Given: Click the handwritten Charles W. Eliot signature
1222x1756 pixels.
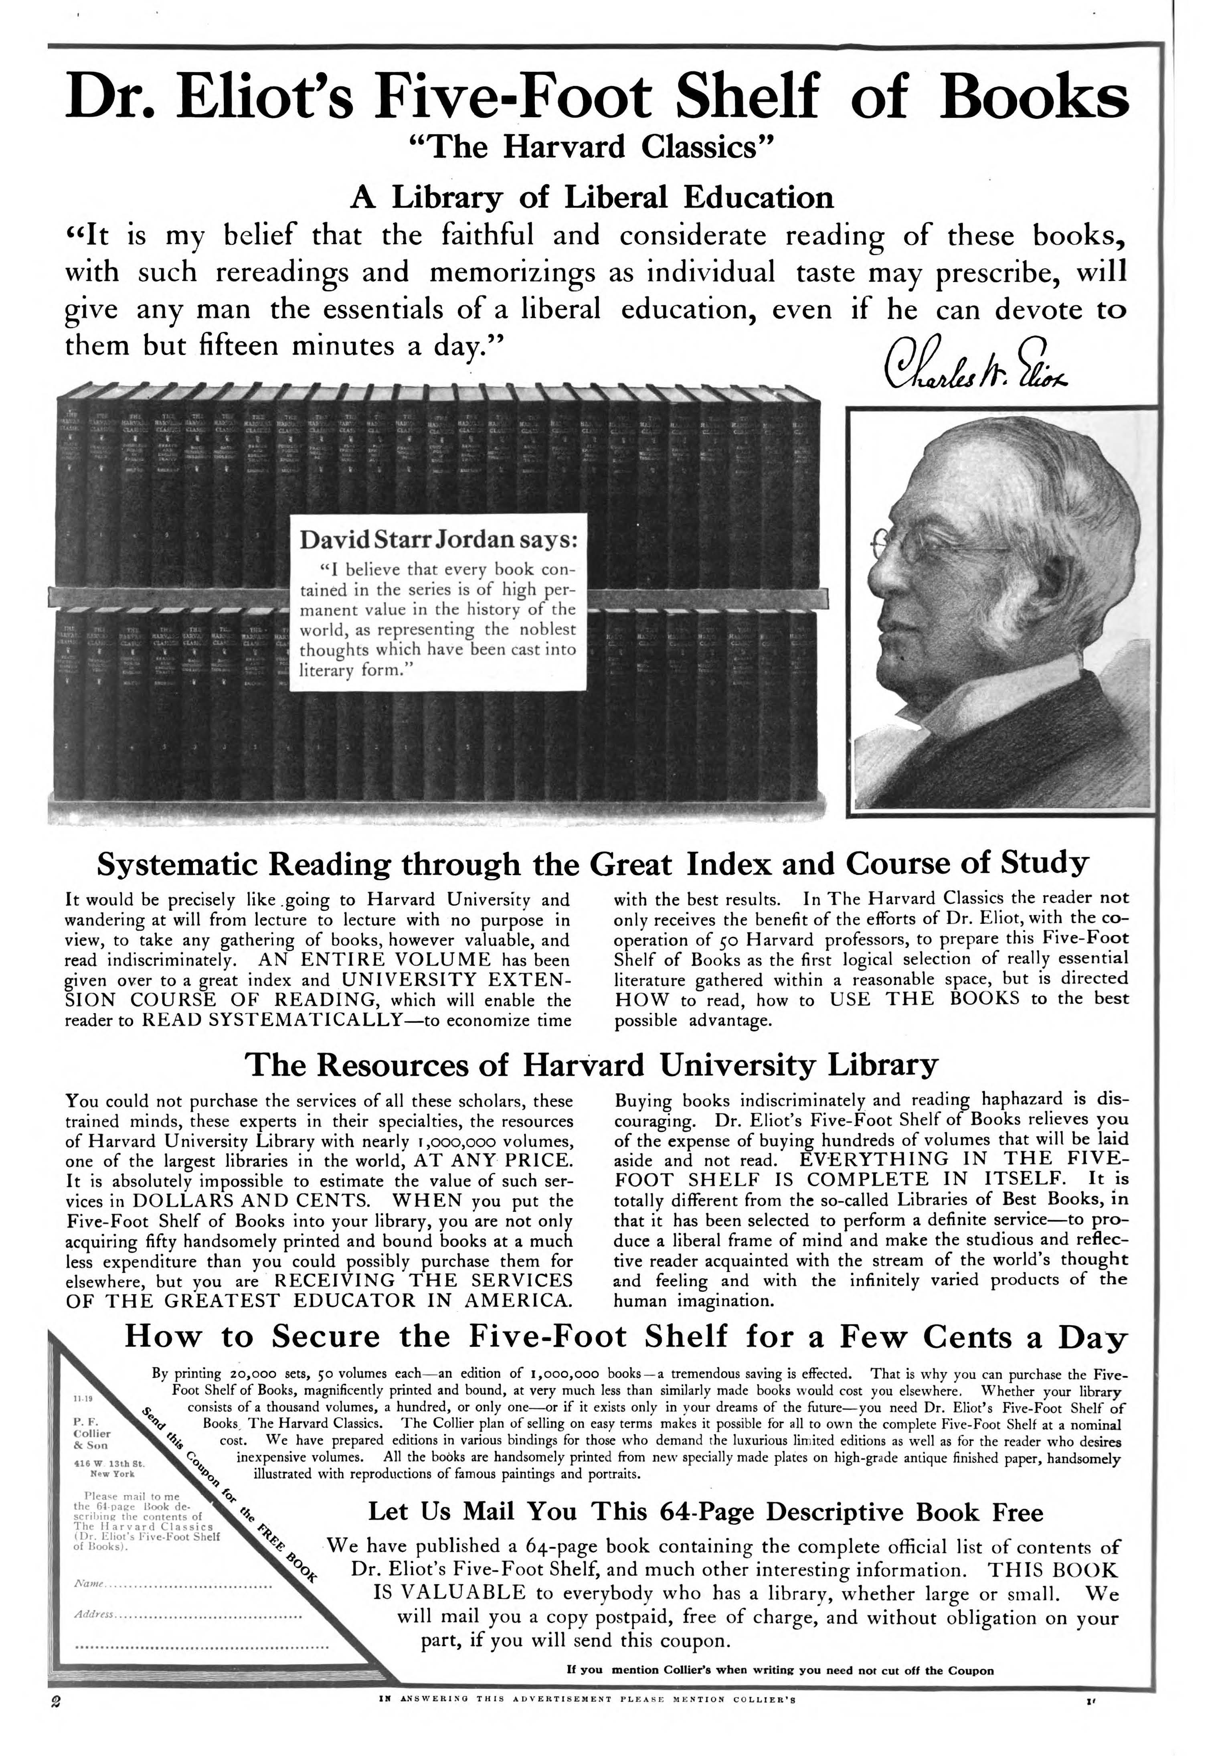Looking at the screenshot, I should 975,365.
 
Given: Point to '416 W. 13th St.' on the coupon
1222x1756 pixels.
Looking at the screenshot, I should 109,1463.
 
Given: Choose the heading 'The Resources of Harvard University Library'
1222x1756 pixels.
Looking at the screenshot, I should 590,1064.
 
